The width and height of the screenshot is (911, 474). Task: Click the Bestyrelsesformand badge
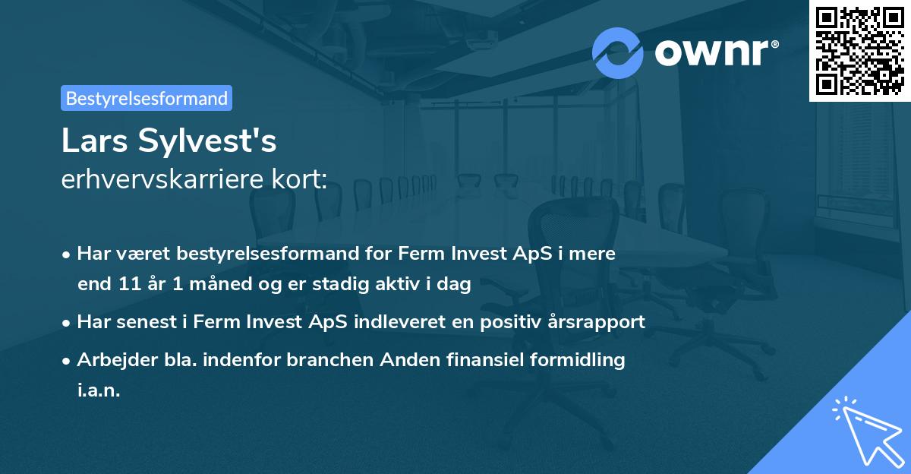tap(147, 98)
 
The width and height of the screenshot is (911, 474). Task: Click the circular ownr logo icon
tap(617, 53)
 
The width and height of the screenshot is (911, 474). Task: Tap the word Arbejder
tap(111, 359)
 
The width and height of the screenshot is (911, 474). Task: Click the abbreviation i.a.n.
tap(99, 390)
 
